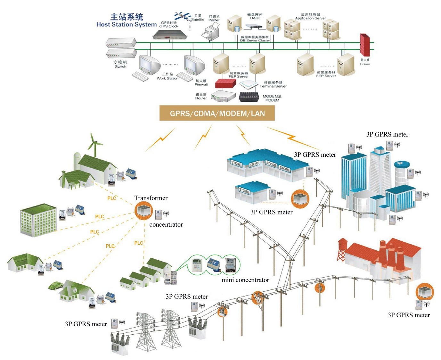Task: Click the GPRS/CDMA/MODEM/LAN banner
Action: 217,113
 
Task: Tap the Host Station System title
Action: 127,21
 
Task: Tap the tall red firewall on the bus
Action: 365,45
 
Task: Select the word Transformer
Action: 151,198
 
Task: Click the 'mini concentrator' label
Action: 245,280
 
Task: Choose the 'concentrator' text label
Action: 166,225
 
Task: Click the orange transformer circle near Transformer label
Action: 143,211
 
